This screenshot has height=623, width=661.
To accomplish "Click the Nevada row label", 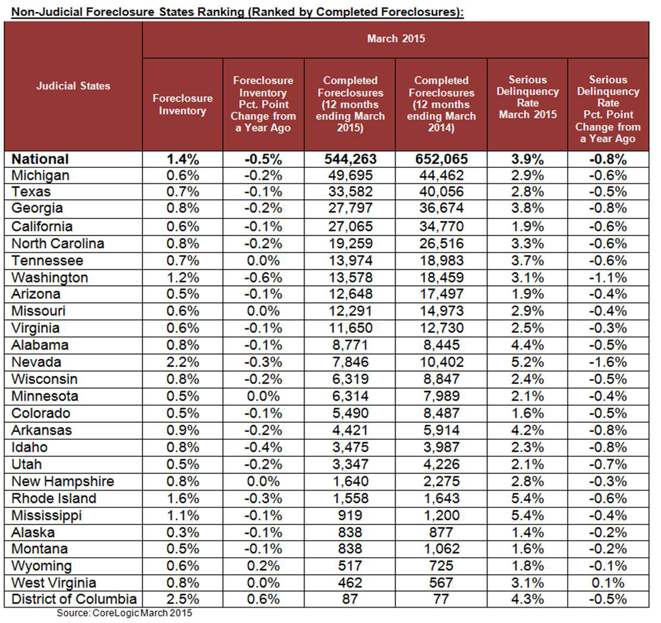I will click(36, 362).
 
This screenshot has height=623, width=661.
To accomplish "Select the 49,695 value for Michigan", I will click(350, 175).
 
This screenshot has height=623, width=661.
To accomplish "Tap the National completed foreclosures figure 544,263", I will click(350, 159).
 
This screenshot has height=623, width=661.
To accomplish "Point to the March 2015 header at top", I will click(396, 39).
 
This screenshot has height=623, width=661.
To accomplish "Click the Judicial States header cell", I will click(73, 85).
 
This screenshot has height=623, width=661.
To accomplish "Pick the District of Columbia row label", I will click(74, 599).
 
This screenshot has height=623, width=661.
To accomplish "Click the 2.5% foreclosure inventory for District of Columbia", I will click(182, 599).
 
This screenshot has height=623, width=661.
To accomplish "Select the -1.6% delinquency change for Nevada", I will click(608, 362).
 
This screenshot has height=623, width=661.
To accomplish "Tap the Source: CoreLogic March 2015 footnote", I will click(124, 613).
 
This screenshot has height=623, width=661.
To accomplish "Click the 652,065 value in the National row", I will click(441, 159).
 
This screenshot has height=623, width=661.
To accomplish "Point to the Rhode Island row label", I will click(54, 498).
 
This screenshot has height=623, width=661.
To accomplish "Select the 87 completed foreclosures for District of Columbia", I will click(350, 599).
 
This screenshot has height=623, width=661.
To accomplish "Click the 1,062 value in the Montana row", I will click(441, 549).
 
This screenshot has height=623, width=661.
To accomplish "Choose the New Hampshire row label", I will click(63, 481).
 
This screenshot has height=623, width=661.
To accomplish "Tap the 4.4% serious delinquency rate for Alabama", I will click(528, 345).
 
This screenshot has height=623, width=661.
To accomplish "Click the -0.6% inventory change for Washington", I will click(263, 277).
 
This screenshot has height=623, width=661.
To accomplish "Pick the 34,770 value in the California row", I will click(441, 226).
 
